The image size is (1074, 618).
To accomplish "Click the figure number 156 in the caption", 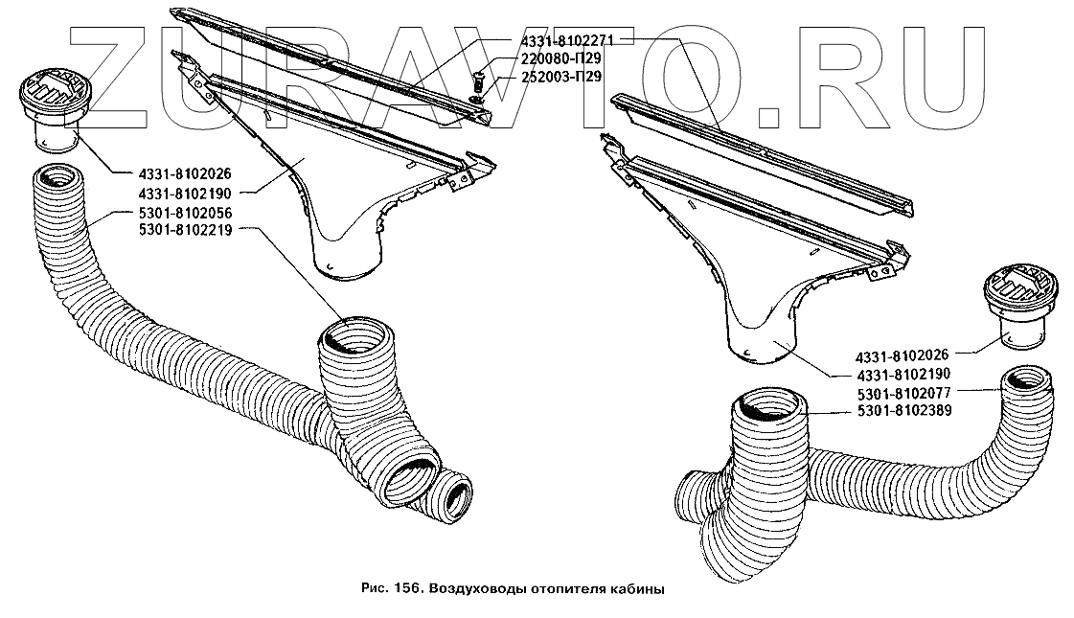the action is (x=403, y=589).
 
